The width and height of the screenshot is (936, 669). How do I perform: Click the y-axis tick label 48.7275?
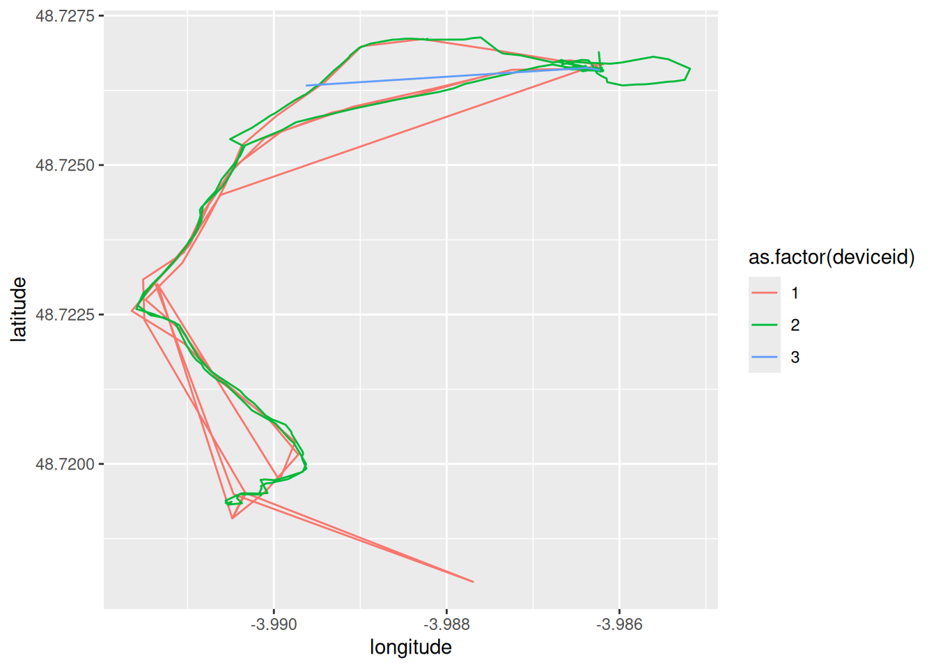point(65,15)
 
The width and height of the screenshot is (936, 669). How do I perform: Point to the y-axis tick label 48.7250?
point(65,165)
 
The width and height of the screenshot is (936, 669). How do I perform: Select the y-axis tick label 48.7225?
point(65,315)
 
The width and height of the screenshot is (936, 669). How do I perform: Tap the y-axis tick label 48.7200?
point(65,464)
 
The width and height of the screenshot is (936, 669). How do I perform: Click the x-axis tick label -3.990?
point(274,624)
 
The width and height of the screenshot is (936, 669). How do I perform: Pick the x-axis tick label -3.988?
point(446,624)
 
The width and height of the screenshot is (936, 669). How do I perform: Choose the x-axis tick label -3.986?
point(619,624)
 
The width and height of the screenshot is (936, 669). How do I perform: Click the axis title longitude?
point(410,647)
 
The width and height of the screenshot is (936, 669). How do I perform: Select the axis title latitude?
point(19,309)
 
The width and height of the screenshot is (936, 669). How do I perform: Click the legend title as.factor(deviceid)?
point(832,257)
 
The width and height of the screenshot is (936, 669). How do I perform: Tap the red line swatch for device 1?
point(765,293)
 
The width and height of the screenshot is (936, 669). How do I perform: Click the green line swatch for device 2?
point(765,325)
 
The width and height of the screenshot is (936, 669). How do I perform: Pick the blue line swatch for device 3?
point(765,357)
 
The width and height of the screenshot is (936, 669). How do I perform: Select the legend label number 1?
point(795,293)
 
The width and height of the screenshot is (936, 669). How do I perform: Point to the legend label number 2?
point(795,325)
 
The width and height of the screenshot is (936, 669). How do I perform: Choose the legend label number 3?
point(795,357)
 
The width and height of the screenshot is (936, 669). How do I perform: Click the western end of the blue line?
point(306,86)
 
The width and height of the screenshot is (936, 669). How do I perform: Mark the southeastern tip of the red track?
point(473,581)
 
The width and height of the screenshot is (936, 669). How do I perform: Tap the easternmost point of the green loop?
point(689,69)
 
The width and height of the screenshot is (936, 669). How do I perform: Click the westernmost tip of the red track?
point(132,310)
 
